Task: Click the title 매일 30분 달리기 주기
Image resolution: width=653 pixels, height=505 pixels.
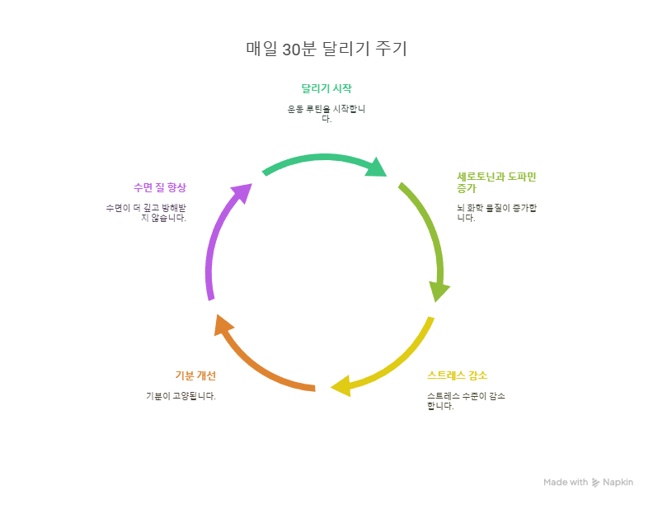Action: click(326, 49)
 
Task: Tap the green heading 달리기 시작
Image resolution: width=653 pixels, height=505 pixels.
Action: click(326, 88)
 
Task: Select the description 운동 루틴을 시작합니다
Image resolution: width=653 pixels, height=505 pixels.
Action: click(326, 114)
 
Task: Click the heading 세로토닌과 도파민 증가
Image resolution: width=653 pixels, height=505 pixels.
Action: click(496, 182)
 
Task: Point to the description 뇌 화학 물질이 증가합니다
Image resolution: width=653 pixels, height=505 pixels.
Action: click(496, 212)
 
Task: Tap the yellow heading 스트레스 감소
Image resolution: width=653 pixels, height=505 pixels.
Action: click(457, 375)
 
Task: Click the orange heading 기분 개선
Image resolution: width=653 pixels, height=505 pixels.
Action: click(195, 375)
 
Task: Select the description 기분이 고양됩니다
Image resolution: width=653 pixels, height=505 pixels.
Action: click(181, 396)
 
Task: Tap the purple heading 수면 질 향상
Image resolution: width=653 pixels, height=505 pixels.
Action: click(160, 187)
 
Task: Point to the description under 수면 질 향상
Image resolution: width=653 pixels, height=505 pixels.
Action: click(146, 213)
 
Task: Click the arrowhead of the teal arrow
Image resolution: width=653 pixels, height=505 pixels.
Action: click(376, 167)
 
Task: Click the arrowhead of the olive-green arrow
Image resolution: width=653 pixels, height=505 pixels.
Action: click(439, 291)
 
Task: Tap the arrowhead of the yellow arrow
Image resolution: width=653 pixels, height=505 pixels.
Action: click(341, 386)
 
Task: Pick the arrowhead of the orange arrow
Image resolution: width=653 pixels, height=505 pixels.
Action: click(223, 325)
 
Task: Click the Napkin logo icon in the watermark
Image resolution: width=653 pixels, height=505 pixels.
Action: click(595, 482)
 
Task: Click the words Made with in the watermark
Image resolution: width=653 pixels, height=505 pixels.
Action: click(566, 482)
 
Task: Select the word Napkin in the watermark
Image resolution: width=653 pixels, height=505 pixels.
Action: click(618, 482)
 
